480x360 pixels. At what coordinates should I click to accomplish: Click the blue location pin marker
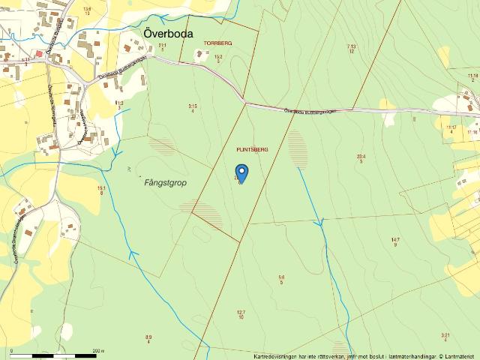pyautogui.click(x=241, y=173)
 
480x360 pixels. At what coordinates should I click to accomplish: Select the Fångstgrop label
pyautogui.click(x=165, y=182)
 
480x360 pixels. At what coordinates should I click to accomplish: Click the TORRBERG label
pyautogui.click(x=218, y=43)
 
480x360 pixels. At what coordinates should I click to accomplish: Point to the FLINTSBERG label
pyautogui.click(x=252, y=149)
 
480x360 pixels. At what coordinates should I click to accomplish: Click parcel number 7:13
pyautogui.click(x=351, y=49)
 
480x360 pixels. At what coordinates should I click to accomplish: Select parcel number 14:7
pyautogui.click(x=395, y=241)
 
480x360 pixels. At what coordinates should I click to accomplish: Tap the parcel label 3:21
pyautogui.click(x=445, y=337)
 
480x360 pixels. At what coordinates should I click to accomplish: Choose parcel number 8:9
pyautogui.click(x=148, y=339)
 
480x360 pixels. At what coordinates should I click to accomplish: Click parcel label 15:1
pyautogui.click(x=101, y=190)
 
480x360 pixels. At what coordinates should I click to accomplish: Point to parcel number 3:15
pyautogui.click(x=193, y=108)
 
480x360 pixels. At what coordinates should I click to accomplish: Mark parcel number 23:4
pyautogui.click(x=361, y=158)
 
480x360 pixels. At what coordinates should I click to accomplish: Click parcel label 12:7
pyautogui.click(x=241, y=314)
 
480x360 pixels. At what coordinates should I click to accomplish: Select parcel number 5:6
pyautogui.click(x=281, y=279)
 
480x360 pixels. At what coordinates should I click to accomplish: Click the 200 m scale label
pyautogui.click(x=97, y=349)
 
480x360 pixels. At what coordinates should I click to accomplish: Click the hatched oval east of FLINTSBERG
pyautogui.click(x=298, y=146)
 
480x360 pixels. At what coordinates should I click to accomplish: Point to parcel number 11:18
pyautogui.click(x=472, y=77)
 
